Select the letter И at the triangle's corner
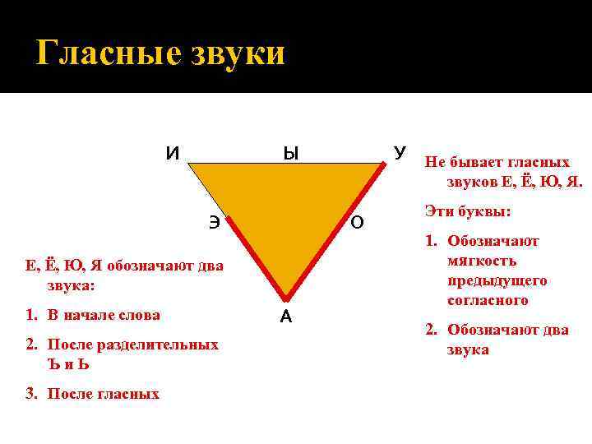173,153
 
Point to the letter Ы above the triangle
290,153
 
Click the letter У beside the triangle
400,153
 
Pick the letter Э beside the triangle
214,221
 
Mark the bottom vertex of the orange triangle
285,297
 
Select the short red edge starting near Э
257,257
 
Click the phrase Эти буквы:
468,211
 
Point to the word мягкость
482,261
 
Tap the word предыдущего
497,281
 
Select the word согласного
488,301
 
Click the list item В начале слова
104,315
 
